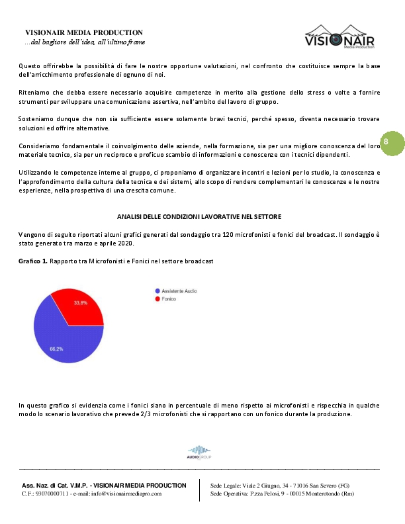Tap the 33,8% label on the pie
(x=80, y=302)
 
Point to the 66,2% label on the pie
(x=56, y=349)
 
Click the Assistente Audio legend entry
(x=175, y=291)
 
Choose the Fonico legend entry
(x=166, y=299)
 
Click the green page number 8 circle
(x=386, y=142)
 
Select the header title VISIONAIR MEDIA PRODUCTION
(x=83, y=32)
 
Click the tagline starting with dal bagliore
(x=85, y=42)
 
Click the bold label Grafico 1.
(x=33, y=262)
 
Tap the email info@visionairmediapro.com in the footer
(x=126, y=494)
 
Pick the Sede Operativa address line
(x=282, y=494)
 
